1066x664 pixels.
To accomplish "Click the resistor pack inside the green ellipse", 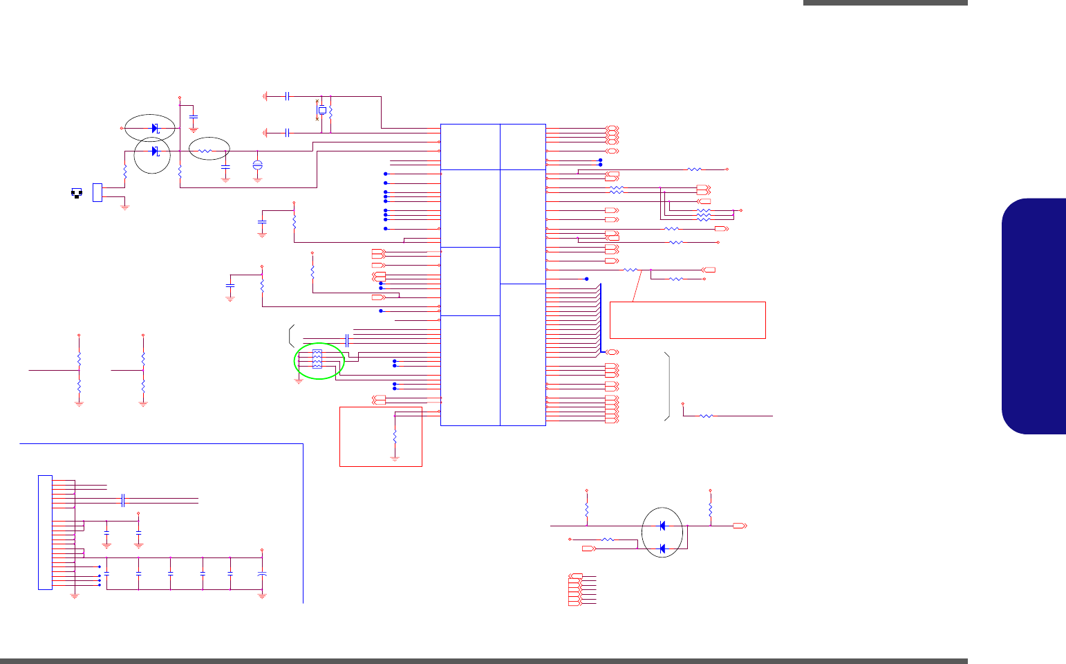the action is [317, 359].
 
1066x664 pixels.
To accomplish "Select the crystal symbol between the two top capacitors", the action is [321, 110].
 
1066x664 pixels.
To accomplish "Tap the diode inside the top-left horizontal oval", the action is [155, 128].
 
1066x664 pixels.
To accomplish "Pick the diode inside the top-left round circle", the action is [155, 151].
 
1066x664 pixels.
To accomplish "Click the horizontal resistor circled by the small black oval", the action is [205, 150].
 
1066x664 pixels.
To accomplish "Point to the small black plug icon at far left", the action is [76, 193].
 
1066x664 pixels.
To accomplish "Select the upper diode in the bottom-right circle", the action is [662, 526].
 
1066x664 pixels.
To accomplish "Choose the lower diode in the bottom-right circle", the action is [662, 548].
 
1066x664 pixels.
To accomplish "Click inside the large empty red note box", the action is [687, 320].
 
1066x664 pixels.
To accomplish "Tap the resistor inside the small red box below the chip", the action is [395, 437].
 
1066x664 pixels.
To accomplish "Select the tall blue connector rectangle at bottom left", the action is [45, 532].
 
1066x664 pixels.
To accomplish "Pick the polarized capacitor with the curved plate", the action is [262, 575].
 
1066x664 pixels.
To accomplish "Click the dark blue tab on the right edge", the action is [1034, 316].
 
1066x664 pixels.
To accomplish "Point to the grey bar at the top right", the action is [885, 3].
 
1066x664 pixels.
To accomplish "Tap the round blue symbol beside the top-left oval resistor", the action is [258, 165].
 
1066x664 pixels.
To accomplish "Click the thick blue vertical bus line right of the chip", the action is [601, 317].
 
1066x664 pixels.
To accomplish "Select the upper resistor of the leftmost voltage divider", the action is [79, 360].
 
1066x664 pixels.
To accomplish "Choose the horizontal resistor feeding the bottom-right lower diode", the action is [608, 539].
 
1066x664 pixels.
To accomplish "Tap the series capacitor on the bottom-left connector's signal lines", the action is [122, 499].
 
